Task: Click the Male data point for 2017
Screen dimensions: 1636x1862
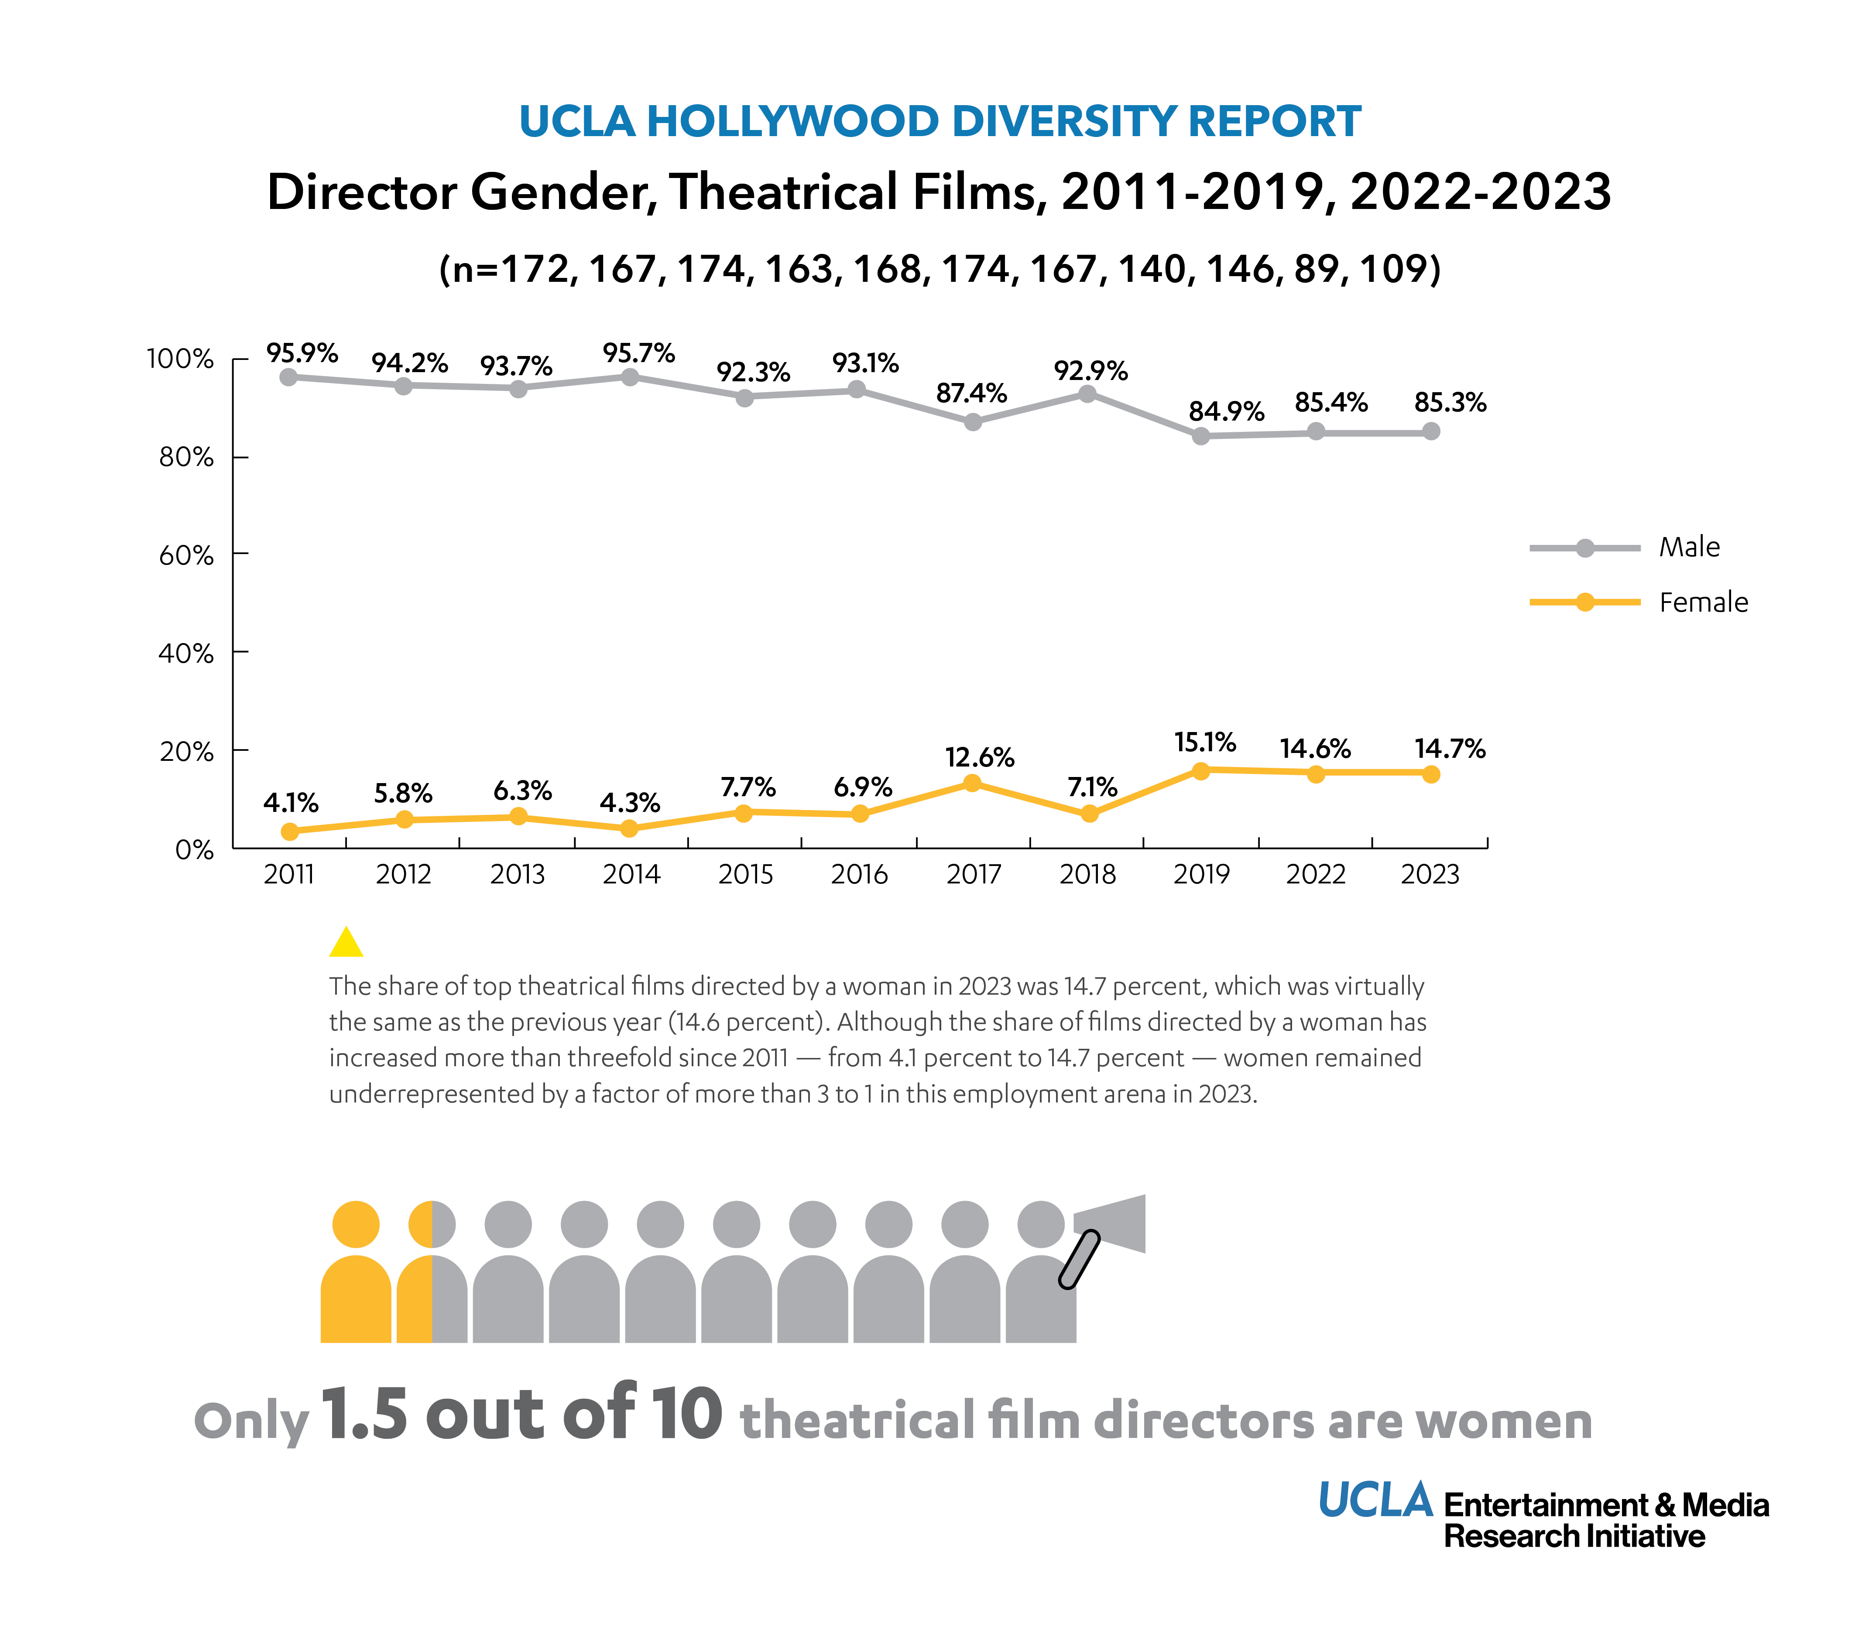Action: [x=973, y=422]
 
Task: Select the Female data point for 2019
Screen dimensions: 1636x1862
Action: [x=1200, y=770]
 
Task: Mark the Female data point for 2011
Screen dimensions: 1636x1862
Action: [x=290, y=831]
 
